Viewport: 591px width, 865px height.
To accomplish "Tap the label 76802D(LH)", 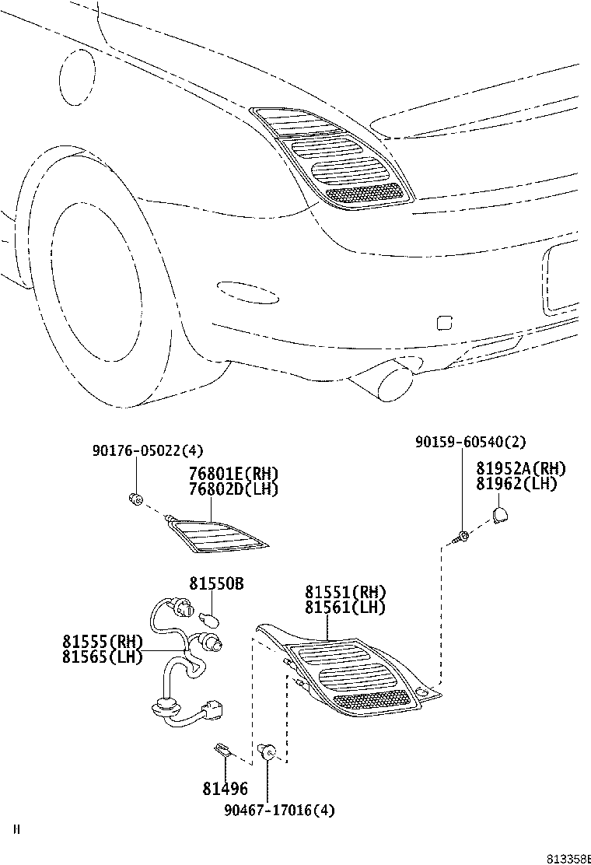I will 233,489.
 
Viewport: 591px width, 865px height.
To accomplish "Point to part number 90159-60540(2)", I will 470,442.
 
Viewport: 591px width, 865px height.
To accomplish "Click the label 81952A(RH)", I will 520,468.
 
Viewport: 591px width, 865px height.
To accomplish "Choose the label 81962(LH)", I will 516,483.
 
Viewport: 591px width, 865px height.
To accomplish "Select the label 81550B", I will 215,583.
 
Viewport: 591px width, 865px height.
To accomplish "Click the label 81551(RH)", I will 345,593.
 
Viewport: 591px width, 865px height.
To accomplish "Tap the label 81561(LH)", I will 345,607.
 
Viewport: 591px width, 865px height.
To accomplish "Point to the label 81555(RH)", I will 103,642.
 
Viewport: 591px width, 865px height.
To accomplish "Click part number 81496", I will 226,790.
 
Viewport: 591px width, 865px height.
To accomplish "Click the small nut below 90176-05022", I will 135,498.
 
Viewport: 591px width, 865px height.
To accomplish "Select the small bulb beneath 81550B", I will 211,620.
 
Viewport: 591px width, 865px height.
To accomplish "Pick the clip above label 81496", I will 222,750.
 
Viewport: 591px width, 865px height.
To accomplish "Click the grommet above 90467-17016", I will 268,751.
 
